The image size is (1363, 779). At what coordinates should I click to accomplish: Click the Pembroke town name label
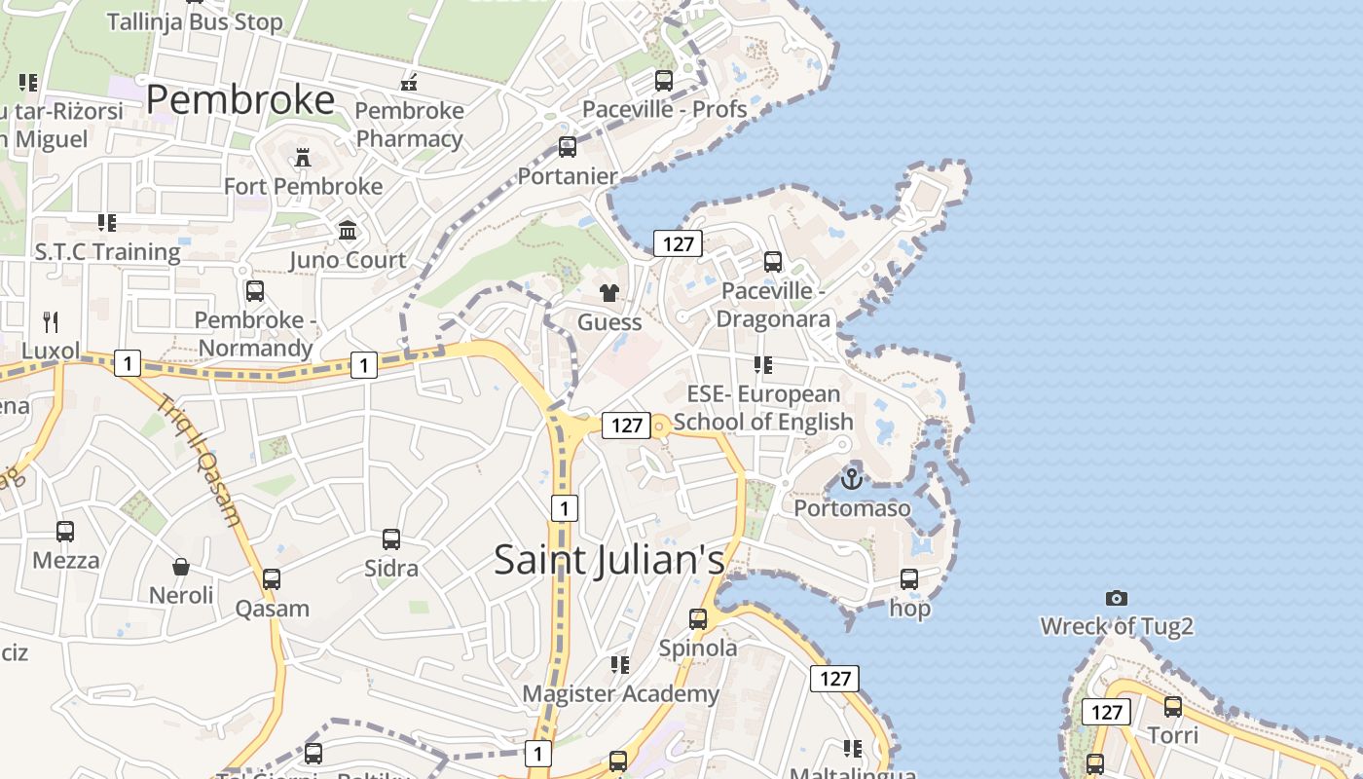point(240,99)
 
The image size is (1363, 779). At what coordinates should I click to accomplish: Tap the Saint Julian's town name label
point(609,560)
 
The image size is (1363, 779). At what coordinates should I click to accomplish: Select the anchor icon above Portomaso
point(852,478)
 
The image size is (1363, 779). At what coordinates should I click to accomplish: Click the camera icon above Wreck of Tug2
point(1117,598)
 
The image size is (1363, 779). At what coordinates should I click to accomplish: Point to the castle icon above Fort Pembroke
point(303,157)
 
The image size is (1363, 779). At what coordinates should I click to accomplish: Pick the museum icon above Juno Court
point(348,231)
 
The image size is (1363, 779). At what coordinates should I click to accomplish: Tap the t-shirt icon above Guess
point(609,292)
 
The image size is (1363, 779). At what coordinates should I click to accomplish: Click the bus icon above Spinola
point(698,618)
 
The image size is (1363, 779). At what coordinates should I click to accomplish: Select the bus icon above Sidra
point(391,538)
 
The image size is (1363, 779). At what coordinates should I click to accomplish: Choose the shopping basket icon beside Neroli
point(181,566)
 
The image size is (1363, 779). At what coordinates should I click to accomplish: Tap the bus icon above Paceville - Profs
point(664,81)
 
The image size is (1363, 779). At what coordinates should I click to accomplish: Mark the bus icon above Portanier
point(568,147)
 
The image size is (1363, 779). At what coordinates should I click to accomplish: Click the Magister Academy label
point(621,693)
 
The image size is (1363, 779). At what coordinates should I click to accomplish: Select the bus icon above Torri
point(1173,706)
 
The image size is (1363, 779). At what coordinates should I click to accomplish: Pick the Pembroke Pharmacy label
point(409,125)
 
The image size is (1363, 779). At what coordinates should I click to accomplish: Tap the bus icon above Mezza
point(65,531)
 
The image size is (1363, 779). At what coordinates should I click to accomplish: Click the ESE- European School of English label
point(763,408)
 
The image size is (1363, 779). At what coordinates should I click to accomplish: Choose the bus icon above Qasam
point(272,578)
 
